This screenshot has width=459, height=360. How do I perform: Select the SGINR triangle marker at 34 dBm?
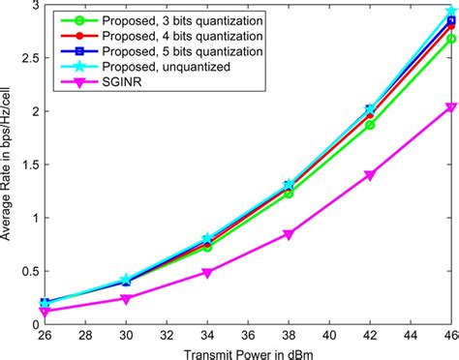coord(207,273)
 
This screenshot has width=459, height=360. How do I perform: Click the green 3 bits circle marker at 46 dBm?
coord(450,39)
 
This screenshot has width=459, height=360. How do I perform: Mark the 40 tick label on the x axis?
coord(329,333)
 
